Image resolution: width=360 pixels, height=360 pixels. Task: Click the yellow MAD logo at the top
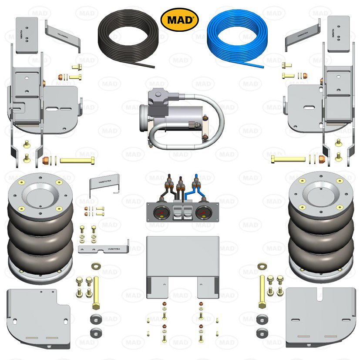[180, 20]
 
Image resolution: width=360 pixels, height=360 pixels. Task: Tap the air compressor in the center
[174, 113]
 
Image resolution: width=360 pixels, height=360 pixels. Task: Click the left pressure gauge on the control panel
[160, 213]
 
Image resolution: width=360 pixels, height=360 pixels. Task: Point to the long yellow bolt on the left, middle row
[76, 160]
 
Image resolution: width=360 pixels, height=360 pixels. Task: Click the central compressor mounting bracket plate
[182, 261]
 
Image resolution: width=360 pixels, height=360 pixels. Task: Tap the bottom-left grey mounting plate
[37, 316]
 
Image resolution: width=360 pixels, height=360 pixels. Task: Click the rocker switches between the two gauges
[181, 213]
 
